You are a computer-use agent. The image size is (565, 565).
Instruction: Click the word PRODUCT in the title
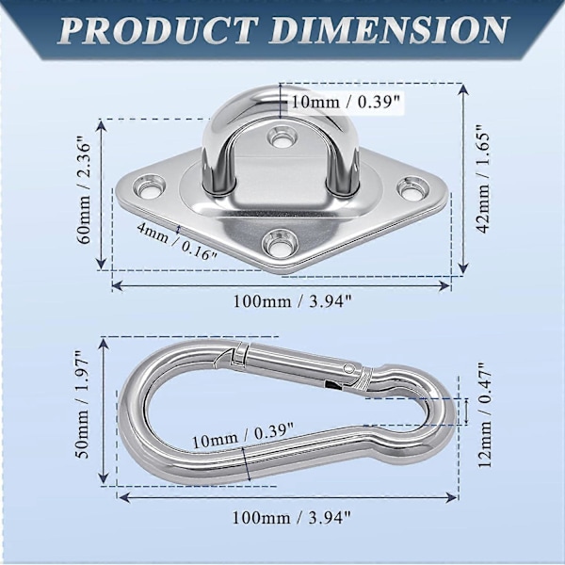coord(157,30)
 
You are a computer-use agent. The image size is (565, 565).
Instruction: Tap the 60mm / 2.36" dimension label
coord(85,193)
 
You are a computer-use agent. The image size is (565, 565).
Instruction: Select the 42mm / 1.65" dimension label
coord(482,179)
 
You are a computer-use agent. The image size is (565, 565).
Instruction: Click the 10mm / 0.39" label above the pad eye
coord(346,102)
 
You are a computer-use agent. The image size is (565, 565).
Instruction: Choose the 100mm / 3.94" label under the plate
coord(292,301)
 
